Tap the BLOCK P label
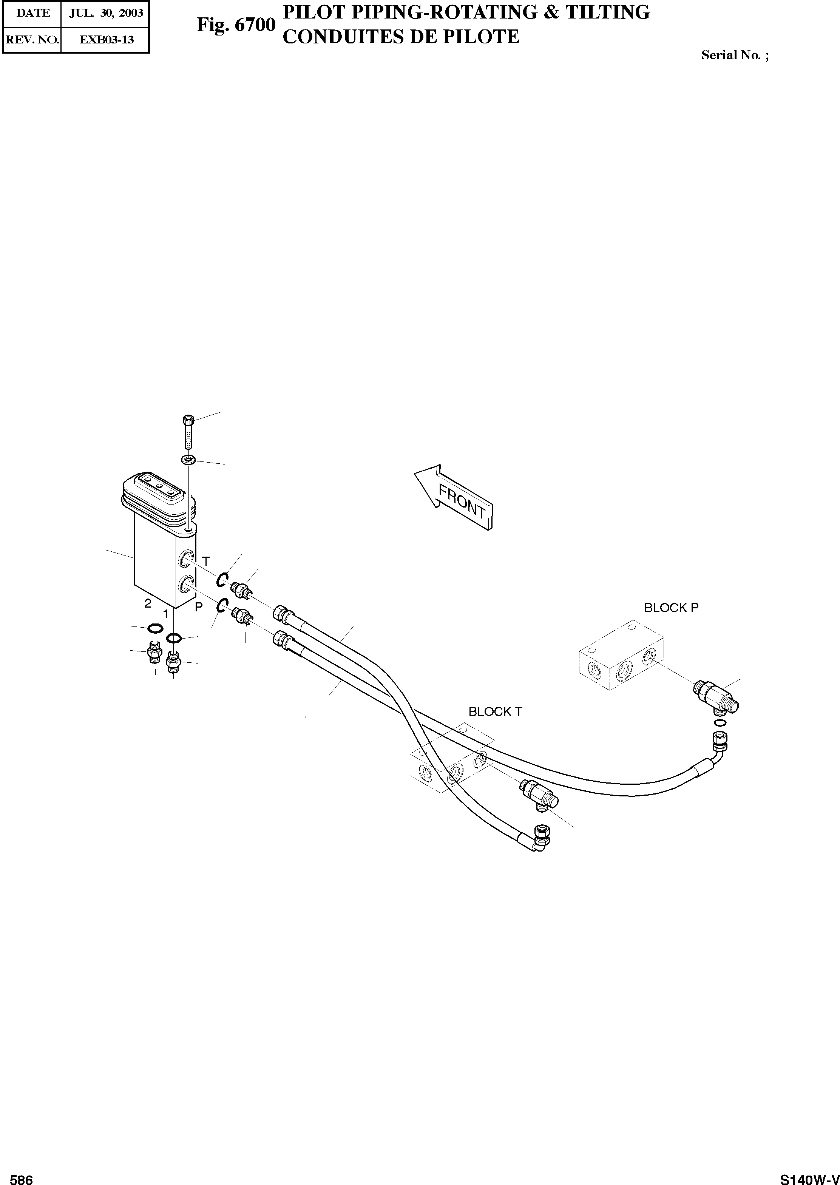671,608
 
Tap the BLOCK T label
495,712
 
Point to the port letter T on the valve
206,561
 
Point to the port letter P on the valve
199,608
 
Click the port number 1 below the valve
165,614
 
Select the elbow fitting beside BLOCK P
716,695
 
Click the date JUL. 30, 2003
105,13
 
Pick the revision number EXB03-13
105,39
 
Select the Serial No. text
735,55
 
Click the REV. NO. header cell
32,39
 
